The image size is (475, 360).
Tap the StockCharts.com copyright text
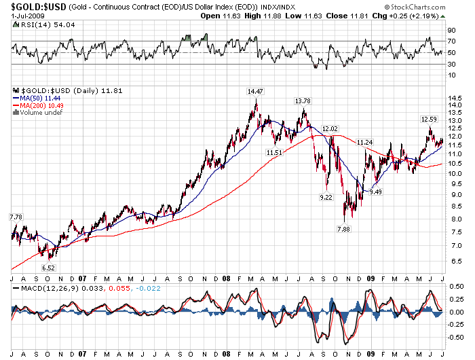pyautogui.click(x=433, y=5)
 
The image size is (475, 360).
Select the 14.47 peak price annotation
pyautogui.click(x=255, y=90)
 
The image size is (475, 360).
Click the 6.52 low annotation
pyautogui.click(x=48, y=268)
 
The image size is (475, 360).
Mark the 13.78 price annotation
pyautogui.click(x=303, y=101)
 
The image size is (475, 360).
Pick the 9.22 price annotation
pyautogui.click(x=326, y=197)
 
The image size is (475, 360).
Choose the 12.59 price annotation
pyautogui.click(x=429, y=120)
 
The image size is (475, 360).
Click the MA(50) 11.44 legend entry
pyautogui.click(x=35, y=98)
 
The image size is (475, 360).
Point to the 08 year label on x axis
pyautogui.click(x=225, y=278)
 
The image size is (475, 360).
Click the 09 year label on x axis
pyautogui.click(x=370, y=278)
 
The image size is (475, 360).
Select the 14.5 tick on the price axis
pyautogui.click(x=455, y=98)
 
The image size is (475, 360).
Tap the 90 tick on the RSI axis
pyautogui.click(x=451, y=31)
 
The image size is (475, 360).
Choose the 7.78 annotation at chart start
pyautogui.click(x=15, y=217)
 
